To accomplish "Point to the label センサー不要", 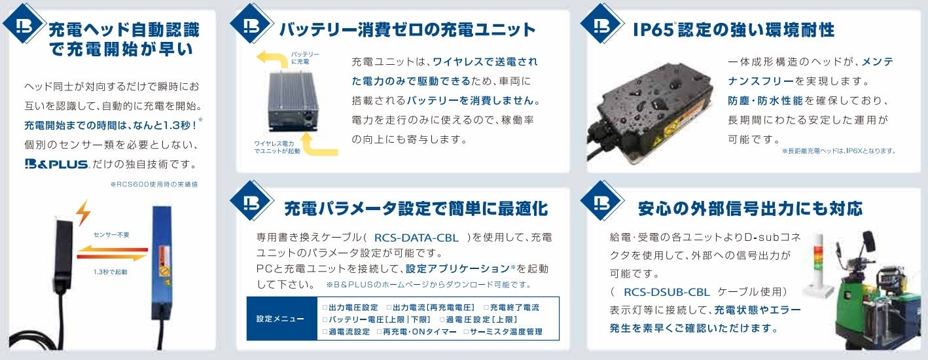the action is [111, 233].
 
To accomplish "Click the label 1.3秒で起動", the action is [111, 271].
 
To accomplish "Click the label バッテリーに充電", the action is [304, 57].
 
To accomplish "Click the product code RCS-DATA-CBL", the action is [416, 238].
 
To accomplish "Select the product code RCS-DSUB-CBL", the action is [667, 291].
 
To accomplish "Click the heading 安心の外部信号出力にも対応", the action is [749, 209].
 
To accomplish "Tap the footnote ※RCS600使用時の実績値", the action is [154, 185].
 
